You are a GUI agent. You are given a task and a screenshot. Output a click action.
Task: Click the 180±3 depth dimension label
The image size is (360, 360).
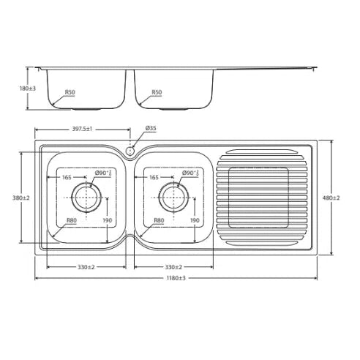point(28,88)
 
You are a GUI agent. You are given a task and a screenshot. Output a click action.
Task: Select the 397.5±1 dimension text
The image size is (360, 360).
point(81,129)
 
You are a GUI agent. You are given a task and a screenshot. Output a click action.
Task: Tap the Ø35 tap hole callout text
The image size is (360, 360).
point(151,129)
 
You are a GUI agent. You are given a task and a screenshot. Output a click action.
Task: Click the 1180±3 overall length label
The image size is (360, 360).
point(176,278)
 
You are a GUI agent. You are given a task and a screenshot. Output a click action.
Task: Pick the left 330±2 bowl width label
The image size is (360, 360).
point(87,266)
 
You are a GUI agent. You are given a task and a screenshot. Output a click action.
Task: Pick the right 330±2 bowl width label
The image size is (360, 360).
point(174,266)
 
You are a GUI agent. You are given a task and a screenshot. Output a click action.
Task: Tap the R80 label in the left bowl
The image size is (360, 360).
point(72,220)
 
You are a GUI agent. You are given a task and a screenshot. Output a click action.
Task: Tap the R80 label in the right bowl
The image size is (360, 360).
point(159,220)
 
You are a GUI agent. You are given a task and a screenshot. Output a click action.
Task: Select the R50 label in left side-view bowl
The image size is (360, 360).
point(70,93)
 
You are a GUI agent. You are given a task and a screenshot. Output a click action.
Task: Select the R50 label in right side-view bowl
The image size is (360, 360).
point(156,93)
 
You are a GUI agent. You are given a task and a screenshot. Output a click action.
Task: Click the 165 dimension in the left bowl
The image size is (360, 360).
point(67,177)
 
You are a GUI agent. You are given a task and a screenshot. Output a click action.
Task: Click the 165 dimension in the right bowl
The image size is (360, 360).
point(154,177)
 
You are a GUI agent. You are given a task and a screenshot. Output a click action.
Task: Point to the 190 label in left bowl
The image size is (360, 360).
point(108,220)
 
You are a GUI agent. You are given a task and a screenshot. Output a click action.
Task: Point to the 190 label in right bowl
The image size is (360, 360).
point(195,220)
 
